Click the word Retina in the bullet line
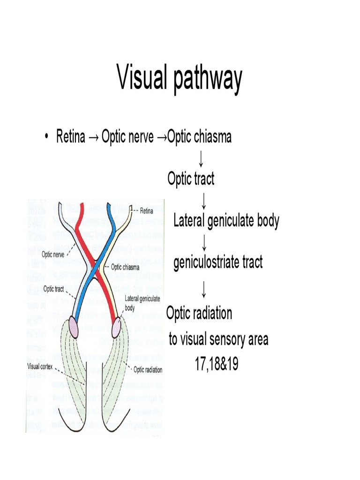[71, 137]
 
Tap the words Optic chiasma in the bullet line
[199, 137]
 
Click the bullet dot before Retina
[46, 137]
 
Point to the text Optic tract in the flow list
[191, 179]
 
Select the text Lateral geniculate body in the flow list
[226, 220]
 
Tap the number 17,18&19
[217, 364]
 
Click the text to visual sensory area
[218, 339]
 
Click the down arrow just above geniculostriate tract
[204, 242]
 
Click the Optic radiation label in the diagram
[148, 370]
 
